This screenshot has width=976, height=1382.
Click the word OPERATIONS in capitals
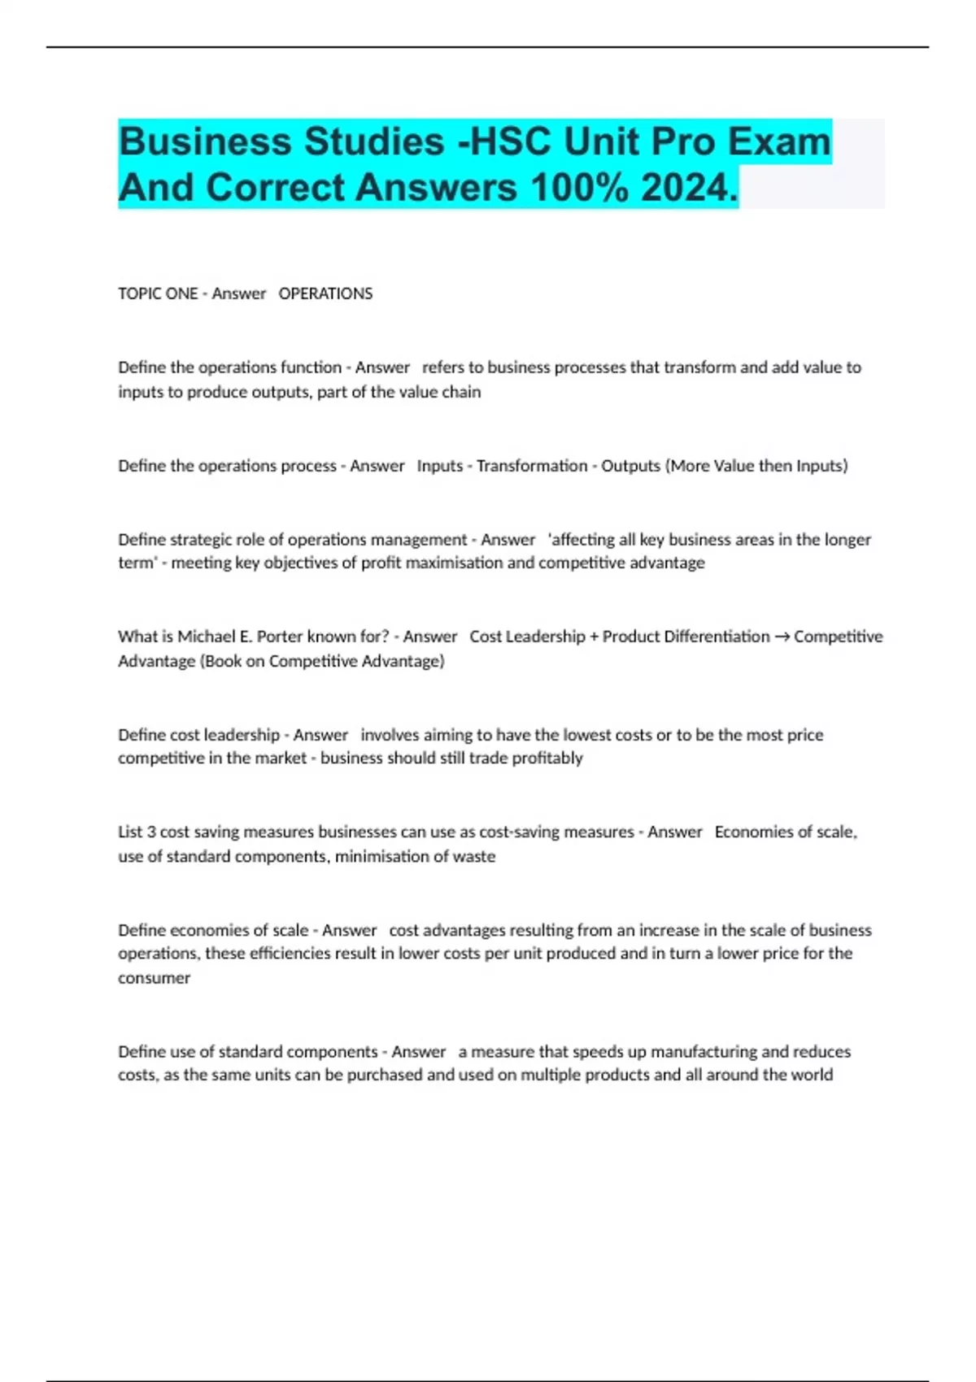click(x=325, y=293)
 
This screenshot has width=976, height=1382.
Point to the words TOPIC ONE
click(x=158, y=293)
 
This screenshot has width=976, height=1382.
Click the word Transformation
click(x=532, y=466)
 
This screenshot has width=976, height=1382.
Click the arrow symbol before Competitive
click(x=781, y=637)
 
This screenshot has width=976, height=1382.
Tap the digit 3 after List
click(x=151, y=832)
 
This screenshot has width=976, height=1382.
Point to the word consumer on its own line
click(x=154, y=978)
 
